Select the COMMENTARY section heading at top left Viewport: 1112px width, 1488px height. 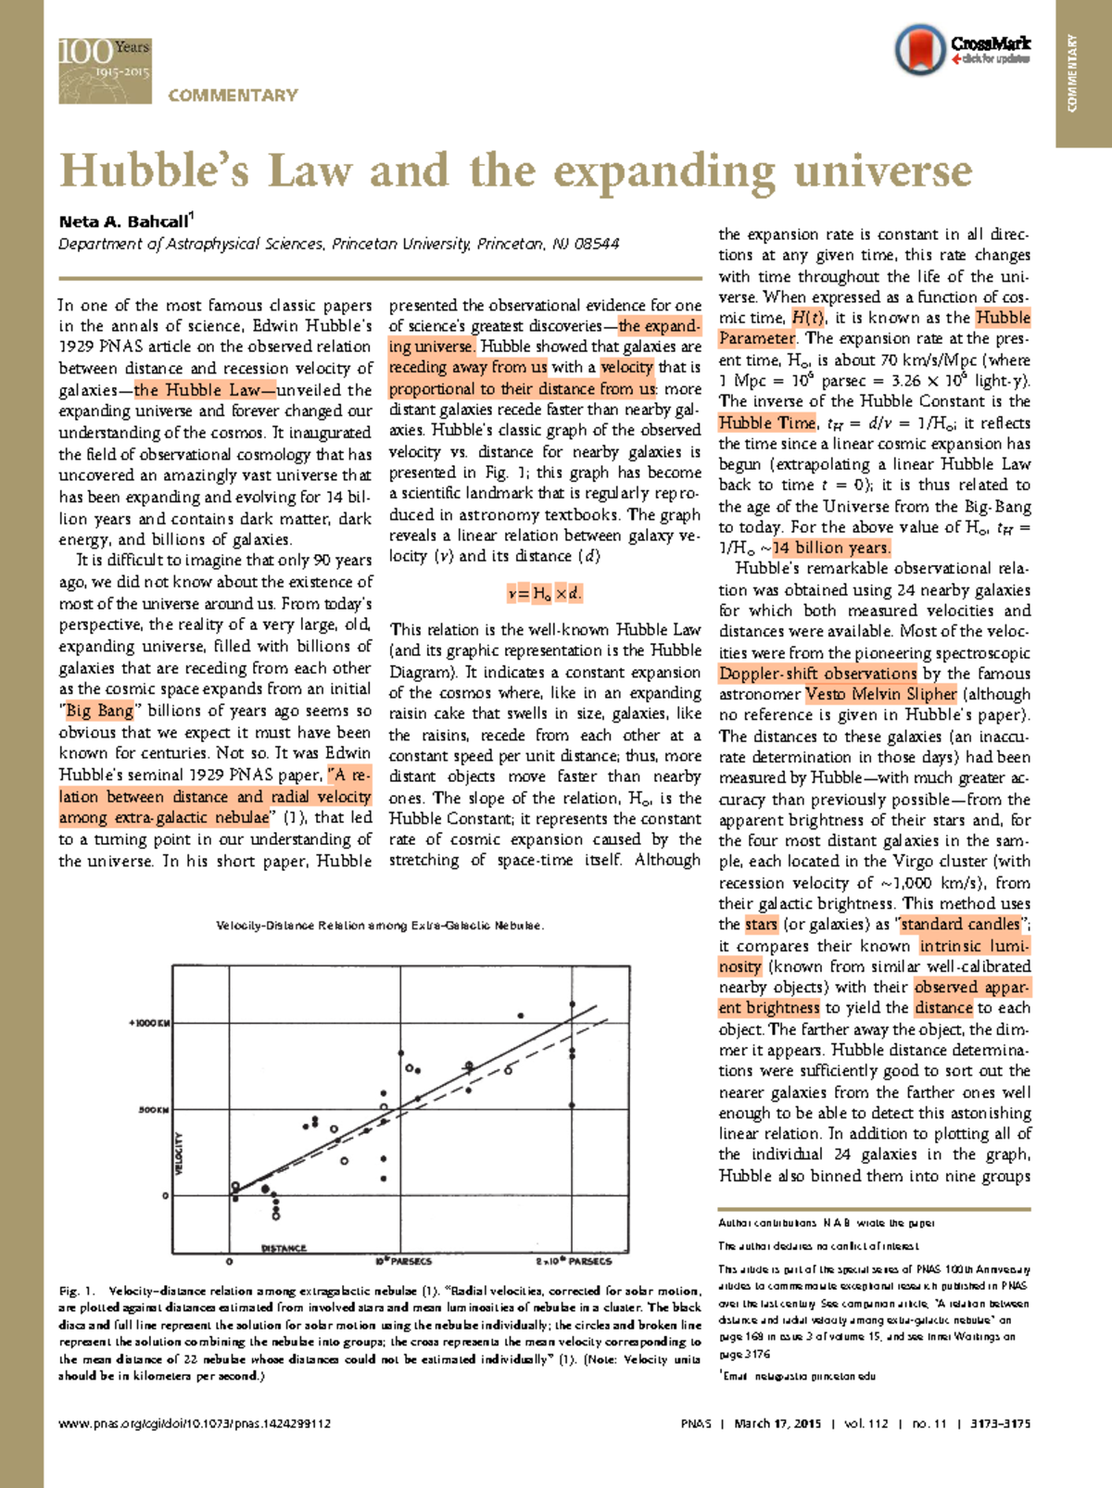(x=233, y=95)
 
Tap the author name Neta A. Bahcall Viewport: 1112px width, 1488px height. (x=122, y=221)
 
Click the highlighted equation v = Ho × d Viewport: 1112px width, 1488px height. (x=545, y=593)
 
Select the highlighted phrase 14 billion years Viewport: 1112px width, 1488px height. (x=832, y=548)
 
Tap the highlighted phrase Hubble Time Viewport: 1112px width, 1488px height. (x=767, y=422)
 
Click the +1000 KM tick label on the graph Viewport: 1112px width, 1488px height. (x=148, y=1023)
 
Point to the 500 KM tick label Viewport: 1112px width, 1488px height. (x=153, y=1109)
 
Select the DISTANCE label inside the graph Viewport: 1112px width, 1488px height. (x=284, y=1248)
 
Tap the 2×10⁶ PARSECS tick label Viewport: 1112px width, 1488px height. (x=574, y=1261)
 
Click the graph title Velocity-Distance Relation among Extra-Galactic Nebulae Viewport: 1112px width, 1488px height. (x=380, y=926)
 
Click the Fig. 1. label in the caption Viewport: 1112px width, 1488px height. (x=77, y=1291)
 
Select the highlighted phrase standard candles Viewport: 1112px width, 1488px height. (x=960, y=924)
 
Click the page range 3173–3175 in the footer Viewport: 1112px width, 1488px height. (x=1000, y=1423)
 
